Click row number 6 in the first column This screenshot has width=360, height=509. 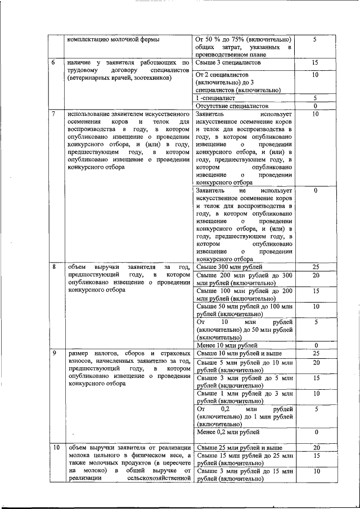point(53,64)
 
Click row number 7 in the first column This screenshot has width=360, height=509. point(53,114)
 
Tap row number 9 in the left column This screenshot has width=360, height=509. point(53,353)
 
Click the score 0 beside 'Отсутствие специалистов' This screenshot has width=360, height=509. point(316,106)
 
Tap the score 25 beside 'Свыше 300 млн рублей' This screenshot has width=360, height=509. point(316,267)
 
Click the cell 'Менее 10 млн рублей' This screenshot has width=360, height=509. point(227,345)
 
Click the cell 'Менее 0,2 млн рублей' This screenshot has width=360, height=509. point(228,432)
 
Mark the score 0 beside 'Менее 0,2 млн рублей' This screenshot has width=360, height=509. point(316,432)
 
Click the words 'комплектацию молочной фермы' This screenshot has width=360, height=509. point(114,39)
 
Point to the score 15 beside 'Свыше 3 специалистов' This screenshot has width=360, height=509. point(316,64)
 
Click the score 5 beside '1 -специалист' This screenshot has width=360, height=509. point(316,97)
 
